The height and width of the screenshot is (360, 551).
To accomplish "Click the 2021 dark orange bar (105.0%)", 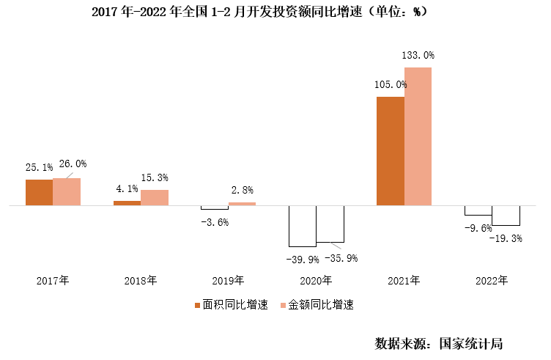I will click(390, 151).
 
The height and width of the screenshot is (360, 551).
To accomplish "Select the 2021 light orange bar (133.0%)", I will click(418, 136).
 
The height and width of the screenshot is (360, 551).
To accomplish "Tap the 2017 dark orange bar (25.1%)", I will click(39, 192).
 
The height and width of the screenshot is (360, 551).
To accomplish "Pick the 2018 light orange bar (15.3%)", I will click(155, 198).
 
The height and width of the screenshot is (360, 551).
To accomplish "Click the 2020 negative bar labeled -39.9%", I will click(302, 226).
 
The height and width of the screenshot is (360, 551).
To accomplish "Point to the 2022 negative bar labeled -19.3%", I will click(506, 216).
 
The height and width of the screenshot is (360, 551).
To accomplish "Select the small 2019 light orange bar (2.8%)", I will click(243, 204).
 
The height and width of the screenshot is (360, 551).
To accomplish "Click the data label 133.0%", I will click(418, 55).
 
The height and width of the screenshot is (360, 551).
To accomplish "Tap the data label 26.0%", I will click(70, 164).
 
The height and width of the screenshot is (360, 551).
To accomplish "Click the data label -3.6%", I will click(215, 221).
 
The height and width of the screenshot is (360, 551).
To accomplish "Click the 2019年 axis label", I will click(229, 280).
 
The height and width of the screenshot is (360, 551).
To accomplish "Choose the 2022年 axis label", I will click(492, 280).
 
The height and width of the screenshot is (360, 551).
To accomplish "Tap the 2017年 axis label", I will click(53, 280).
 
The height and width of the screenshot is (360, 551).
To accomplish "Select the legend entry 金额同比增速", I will click(320, 304).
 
